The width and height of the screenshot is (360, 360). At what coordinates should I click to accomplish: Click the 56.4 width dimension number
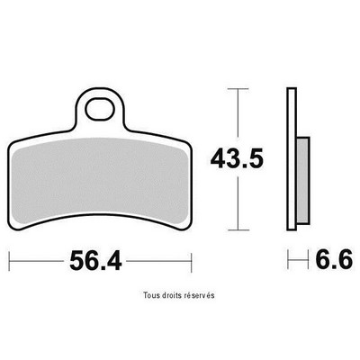pyautogui.click(x=95, y=261)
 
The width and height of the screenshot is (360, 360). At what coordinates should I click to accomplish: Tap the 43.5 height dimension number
pyautogui.click(x=237, y=158)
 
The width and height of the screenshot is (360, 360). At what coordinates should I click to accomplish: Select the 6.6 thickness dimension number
pyautogui.click(x=334, y=260)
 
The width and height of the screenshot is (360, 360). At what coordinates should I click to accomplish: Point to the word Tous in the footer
pyautogui.click(x=151, y=295)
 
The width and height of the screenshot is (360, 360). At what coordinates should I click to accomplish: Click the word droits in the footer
pyautogui.click(x=171, y=295)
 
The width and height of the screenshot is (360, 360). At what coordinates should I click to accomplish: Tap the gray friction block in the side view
pyautogui.click(x=303, y=180)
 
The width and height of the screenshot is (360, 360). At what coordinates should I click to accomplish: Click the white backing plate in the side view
pyautogui.click(x=292, y=159)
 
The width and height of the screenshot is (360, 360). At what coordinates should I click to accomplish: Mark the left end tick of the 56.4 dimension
pyautogui.click(x=10, y=262)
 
